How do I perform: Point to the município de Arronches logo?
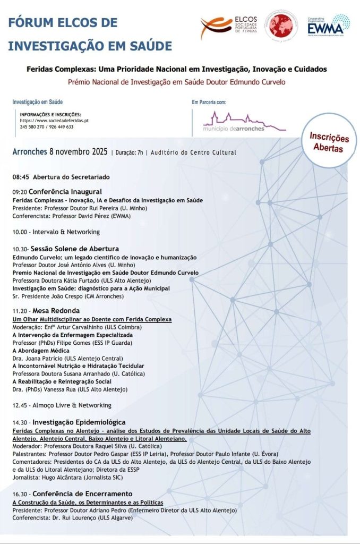point(244,122)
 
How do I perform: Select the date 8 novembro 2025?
point(78,151)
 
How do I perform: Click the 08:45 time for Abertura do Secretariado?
point(21,177)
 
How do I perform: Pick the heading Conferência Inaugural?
point(65,191)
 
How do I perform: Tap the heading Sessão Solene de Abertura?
point(74,249)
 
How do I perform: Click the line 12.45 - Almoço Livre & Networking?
point(62,405)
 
